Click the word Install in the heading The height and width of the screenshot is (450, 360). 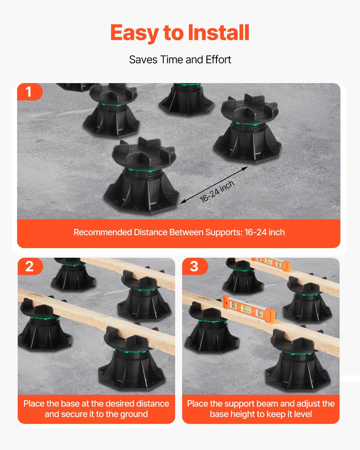coord(218,32)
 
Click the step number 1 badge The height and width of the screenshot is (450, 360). coord(29,92)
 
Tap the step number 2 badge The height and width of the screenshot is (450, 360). coord(29,266)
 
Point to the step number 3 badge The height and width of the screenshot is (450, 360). coord(194,266)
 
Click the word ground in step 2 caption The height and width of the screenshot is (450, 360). coord(134,414)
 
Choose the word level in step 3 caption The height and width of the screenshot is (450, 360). coord(302,414)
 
